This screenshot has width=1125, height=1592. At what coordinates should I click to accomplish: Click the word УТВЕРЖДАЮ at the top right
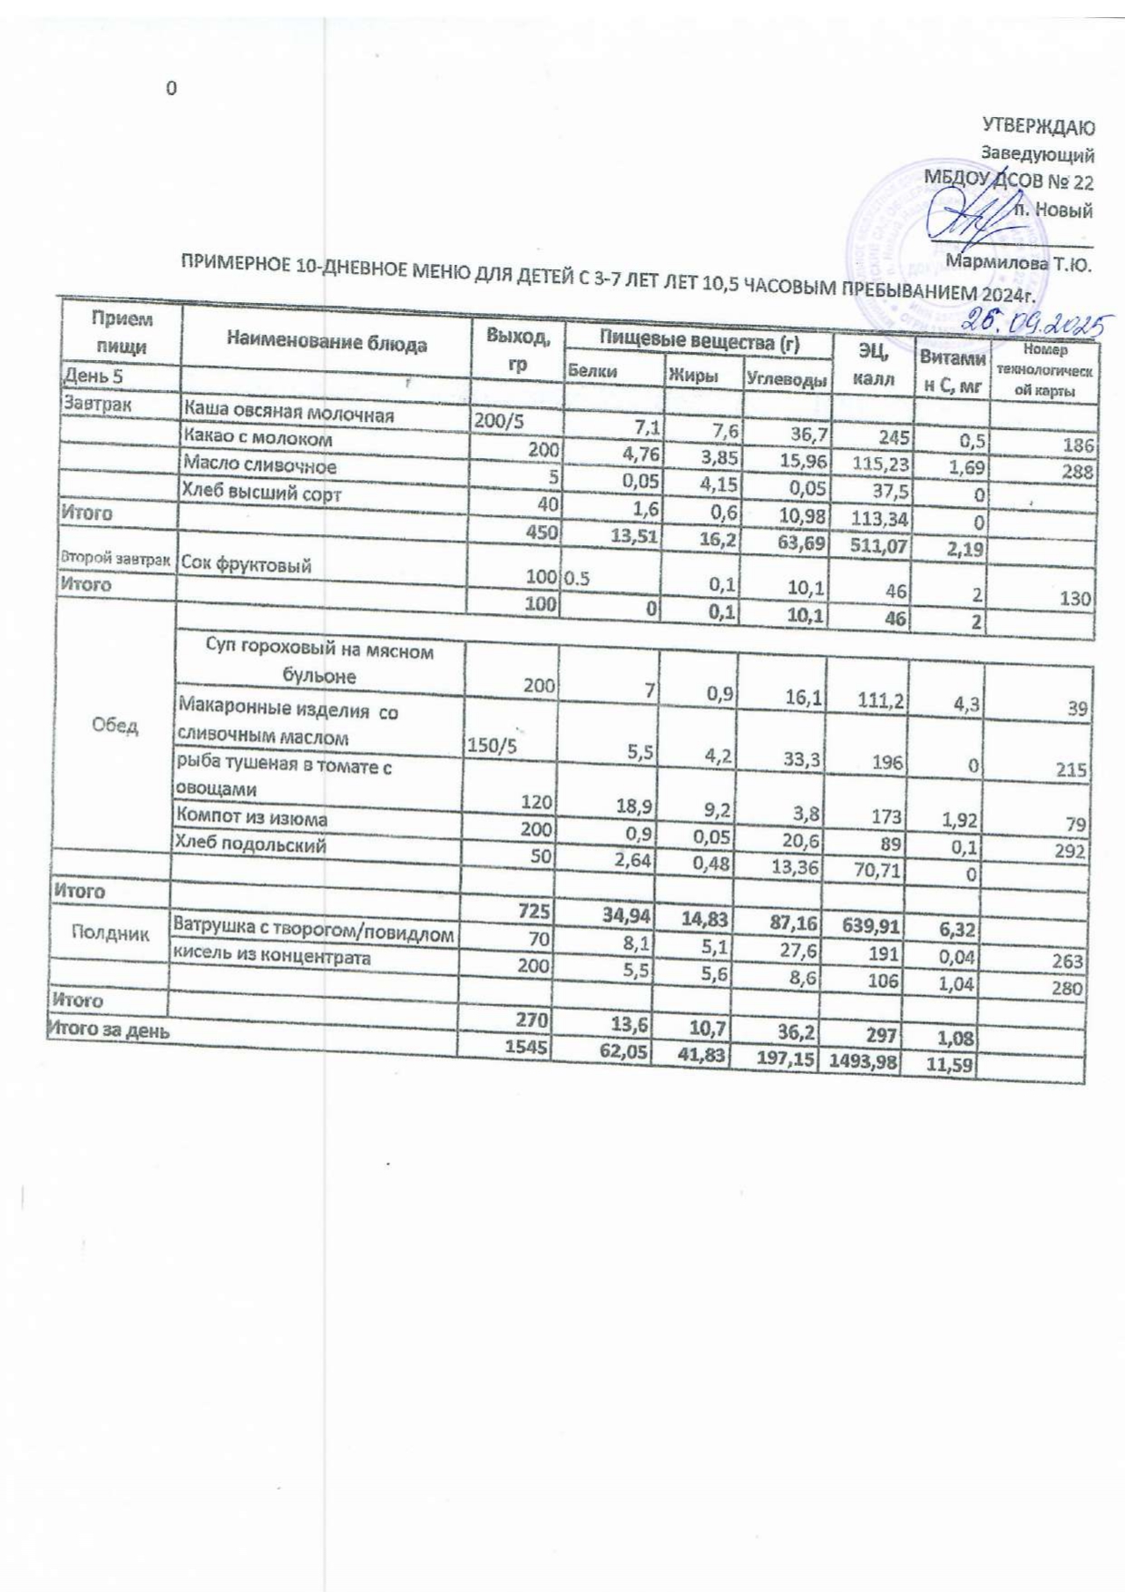click(1039, 126)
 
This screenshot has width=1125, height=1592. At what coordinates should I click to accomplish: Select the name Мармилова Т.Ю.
click(1018, 265)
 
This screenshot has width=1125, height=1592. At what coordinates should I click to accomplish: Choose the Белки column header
click(587, 370)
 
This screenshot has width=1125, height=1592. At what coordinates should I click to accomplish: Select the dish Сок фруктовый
click(246, 565)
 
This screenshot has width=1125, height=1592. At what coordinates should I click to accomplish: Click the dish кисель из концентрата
click(271, 958)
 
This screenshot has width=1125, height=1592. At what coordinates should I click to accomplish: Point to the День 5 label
click(93, 376)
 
